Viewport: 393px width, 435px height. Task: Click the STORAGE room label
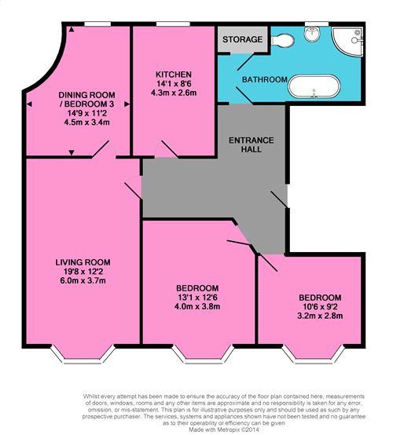point(242,39)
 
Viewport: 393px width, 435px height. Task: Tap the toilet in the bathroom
point(282,41)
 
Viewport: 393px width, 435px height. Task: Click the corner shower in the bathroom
point(347,42)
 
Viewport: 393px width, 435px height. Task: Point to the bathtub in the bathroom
point(314,86)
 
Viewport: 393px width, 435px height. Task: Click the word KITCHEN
point(174,75)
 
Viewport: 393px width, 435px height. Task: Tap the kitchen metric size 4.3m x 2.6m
point(174,93)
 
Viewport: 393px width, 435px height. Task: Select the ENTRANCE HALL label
point(251,144)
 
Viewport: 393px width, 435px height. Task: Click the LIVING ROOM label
point(83,262)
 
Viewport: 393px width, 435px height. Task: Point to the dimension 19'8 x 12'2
point(83,272)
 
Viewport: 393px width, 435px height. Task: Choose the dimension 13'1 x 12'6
point(197,298)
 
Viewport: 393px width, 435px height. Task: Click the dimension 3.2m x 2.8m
point(320,316)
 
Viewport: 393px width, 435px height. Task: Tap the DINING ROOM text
point(86,95)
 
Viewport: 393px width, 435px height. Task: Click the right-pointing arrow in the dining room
point(127,104)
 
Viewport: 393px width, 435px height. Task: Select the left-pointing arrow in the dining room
point(29,104)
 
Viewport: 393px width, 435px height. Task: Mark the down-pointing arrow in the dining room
point(72,152)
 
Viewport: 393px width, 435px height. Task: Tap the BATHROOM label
point(265,79)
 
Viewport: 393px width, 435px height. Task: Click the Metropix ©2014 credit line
point(224,430)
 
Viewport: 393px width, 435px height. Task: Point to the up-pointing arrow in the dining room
point(72,29)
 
